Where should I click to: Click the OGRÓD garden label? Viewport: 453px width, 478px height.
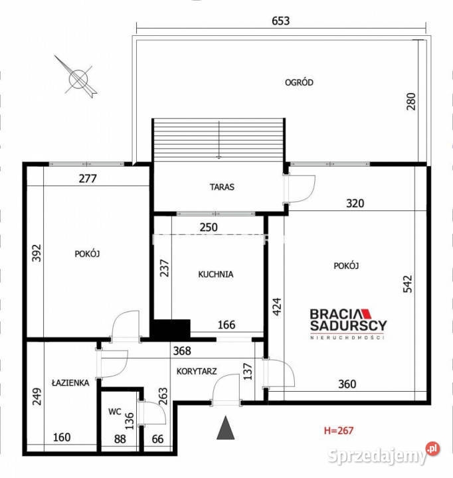299,82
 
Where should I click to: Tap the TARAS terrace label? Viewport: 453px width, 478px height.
222,187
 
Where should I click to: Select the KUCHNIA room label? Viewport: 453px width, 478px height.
216,274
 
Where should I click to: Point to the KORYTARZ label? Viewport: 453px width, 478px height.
197,371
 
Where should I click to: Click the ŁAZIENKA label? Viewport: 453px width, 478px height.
70,382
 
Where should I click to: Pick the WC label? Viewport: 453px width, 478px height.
115,412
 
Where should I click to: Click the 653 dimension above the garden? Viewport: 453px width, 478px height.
281,21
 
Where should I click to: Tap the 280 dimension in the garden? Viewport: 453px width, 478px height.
411,102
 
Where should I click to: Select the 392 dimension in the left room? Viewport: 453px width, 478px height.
37,253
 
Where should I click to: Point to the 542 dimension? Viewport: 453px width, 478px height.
408,284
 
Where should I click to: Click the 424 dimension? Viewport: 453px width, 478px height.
277,307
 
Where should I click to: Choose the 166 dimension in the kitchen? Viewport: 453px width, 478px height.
226,325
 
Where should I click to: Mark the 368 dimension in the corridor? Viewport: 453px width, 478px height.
182,351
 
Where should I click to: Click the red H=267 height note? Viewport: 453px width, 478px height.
339,430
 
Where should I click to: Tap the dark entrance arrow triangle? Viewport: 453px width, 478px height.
225,428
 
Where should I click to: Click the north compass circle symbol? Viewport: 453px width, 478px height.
78,79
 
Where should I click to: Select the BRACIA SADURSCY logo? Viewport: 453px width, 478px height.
348,324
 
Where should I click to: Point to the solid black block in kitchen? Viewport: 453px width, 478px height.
171,329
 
